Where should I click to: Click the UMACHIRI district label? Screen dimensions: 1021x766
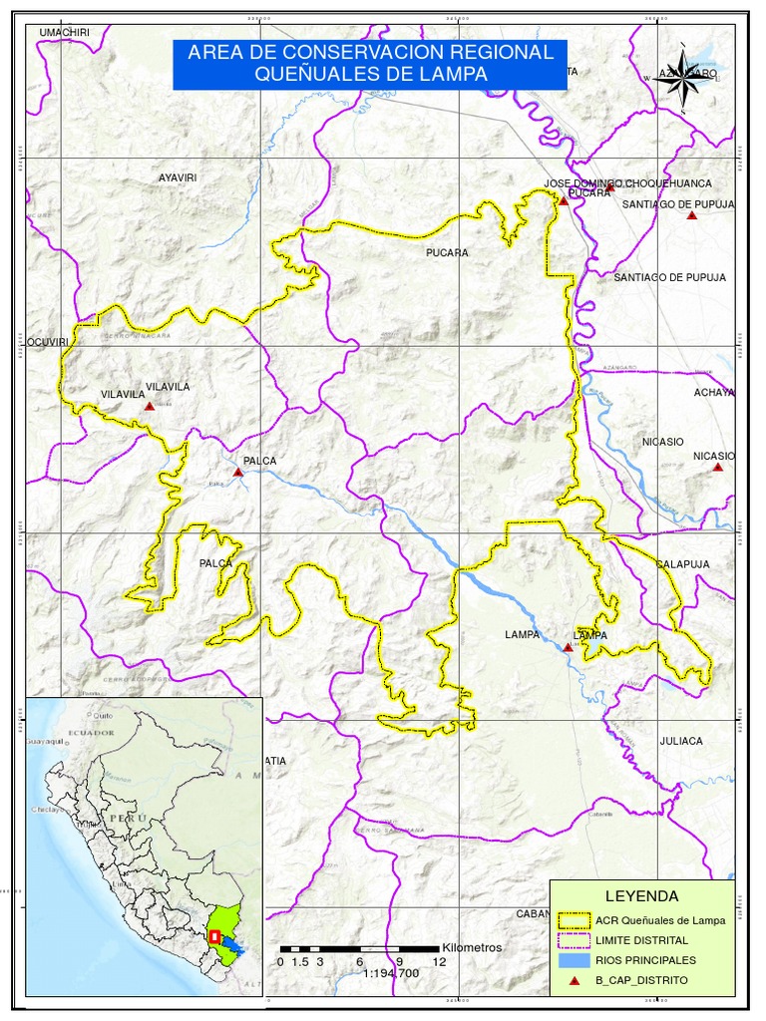(x=64, y=33)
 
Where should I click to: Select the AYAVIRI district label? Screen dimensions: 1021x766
(x=178, y=177)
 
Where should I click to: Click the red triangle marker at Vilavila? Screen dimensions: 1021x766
(x=149, y=407)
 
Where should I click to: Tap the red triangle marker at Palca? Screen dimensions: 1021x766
(x=236, y=473)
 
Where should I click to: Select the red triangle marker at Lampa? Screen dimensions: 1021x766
(x=568, y=647)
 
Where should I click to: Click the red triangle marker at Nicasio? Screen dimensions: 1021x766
(x=717, y=467)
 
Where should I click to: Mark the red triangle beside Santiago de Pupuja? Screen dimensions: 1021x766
(x=692, y=215)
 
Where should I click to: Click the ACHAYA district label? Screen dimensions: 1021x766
(x=714, y=392)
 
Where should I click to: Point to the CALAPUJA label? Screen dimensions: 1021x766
(x=683, y=564)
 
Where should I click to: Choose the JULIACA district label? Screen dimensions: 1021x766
(x=681, y=741)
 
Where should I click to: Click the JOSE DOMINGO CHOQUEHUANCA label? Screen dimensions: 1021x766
(x=627, y=183)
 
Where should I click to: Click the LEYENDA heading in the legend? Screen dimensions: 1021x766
(x=641, y=895)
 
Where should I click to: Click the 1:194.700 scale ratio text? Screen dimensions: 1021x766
(x=392, y=972)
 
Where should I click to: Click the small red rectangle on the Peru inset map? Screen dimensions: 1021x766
(x=213, y=936)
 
